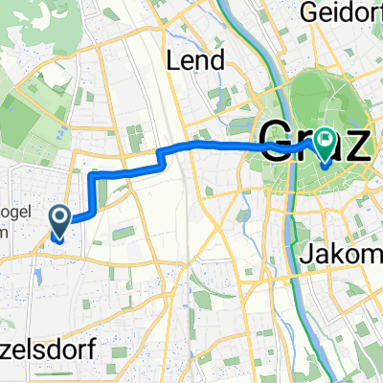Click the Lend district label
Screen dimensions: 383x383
[195, 61]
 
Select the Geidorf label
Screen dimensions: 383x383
[339, 13]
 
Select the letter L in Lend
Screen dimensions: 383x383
[173, 61]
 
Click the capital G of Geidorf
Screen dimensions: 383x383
[308, 14]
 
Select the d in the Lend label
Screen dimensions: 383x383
[219, 61]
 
